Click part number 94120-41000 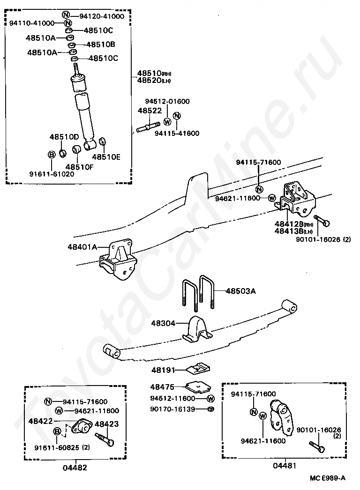102,16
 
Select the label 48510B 100,45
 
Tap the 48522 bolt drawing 149,126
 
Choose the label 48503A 240,291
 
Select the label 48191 162,370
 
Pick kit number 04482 75,467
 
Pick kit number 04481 285,466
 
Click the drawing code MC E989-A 327,478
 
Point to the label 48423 107,424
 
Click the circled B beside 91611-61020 52,154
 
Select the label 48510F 79,166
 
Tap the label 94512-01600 167,101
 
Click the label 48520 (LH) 149,81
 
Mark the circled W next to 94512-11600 210,399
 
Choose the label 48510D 64,137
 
